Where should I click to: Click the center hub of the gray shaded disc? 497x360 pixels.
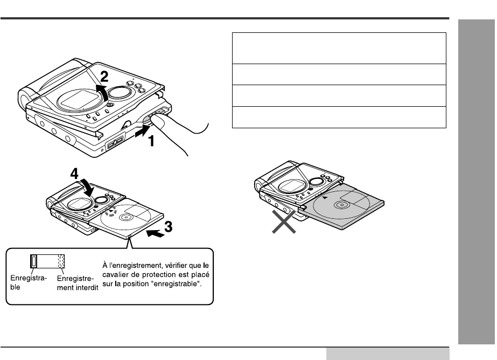click(341, 206)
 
